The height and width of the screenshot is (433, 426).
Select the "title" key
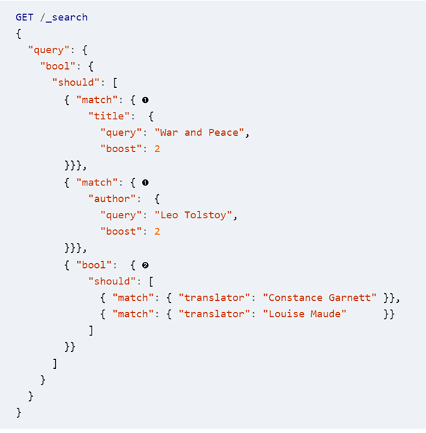pyautogui.click(x=106, y=116)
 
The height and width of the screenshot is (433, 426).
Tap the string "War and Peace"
pyautogui.click(x=203, y=132)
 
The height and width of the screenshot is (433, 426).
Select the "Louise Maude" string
pyautogui.click(x=304, y=314)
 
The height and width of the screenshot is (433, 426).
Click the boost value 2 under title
pyautogui.click(x=157, y=149)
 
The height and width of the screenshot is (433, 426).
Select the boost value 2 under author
pyautogui.click(x=157, y=231)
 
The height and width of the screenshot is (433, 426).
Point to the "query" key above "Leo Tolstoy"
pyautogui.click(x=121, y=215)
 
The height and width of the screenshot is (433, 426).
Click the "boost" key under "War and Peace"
pyautogui.click(x=121, y=149)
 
